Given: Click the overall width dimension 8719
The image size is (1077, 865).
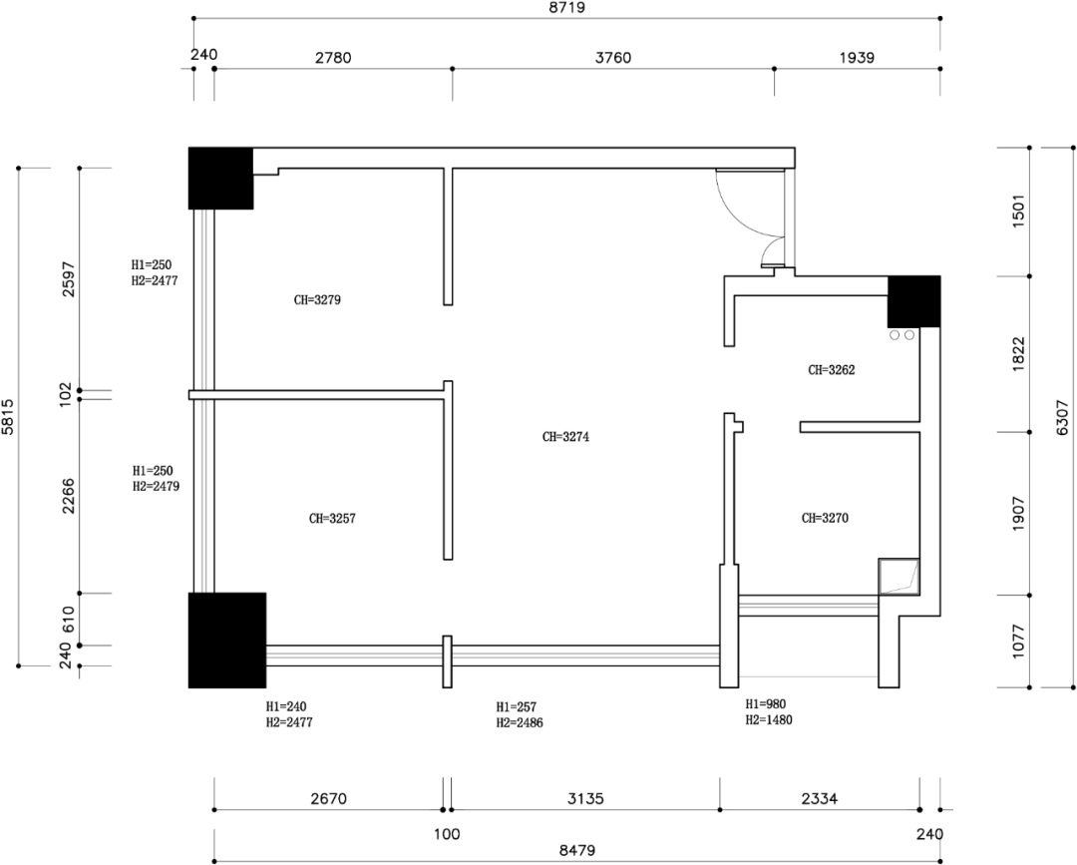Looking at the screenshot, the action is pos(567,8).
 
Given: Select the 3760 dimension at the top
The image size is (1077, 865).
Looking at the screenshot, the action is pos(612,58).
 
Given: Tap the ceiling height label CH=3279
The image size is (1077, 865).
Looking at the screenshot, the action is pos(317,300).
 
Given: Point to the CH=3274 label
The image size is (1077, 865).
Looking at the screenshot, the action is pos(566,437).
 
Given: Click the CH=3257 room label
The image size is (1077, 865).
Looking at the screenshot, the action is pos(332,519).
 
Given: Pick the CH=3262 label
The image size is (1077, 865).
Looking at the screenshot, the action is pos(832,370).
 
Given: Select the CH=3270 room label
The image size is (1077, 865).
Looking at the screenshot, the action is pos(825,518).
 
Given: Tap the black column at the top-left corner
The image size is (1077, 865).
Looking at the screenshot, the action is pos(221,178).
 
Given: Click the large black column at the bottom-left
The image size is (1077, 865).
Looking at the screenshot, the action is pos(227,641).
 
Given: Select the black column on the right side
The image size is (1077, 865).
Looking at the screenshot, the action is pos(914,301).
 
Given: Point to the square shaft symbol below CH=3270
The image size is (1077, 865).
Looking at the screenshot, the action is pos(899,577).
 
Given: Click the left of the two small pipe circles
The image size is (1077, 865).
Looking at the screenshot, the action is pos(895,335).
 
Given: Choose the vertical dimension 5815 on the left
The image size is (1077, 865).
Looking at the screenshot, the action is pos(8,417).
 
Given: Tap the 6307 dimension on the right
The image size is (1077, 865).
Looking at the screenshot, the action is pos(1062,417).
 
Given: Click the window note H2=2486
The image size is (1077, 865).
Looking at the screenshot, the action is pos(520,722).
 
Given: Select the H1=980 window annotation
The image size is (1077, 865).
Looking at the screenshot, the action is pos(766,704).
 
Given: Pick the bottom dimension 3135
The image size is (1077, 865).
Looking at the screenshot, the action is pos(585,798).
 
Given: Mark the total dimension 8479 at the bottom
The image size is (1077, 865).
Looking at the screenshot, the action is pos(577,851).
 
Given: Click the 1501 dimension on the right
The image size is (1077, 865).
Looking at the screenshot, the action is pos(1018,213).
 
